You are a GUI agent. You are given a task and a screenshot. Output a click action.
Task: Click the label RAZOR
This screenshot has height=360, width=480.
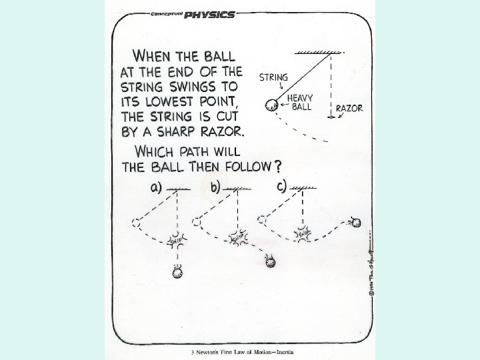pyautogui.click(x=349, y=107)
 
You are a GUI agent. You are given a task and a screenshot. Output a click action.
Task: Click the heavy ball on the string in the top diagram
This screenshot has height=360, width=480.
pyautogui.click(x=271, y=105)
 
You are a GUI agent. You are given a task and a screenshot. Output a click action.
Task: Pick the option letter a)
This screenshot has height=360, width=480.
pyautogui.click(x=155, y=187)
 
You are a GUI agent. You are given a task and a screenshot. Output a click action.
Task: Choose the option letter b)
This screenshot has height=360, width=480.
pyautogui.click(x=216, y=187)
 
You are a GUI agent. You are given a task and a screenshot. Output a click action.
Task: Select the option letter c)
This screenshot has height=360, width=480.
pyautogui.click(x=281, y=186)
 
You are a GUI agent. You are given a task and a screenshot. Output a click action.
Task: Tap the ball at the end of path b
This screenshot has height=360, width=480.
pyautogui.click(x=270, y=261)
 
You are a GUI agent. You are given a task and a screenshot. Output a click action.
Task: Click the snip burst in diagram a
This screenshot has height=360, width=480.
pyautogui.click(x=177, y=238)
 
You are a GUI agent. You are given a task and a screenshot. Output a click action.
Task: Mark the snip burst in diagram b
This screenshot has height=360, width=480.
pyautogui.click(x=237, y=237)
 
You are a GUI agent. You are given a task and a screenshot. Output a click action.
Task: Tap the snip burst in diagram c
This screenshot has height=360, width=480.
pyautogui.click(x=302, y=235)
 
